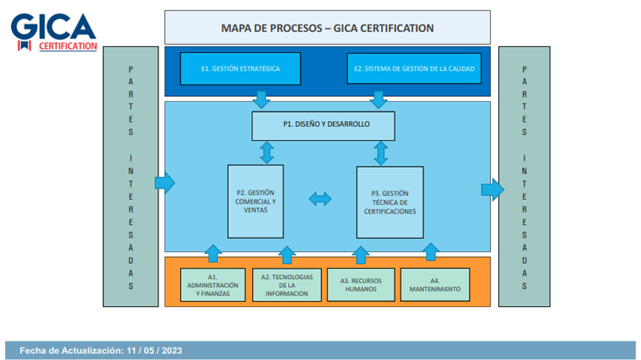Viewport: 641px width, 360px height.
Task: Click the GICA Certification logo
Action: coord(54,32)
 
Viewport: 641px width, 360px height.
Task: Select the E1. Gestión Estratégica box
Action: coord(240,69)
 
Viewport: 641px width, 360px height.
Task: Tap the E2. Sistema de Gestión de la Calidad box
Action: coord(414,69)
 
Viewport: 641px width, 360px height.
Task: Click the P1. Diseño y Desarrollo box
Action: coord(323,125)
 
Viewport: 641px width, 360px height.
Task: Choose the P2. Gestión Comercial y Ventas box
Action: coord(255,201)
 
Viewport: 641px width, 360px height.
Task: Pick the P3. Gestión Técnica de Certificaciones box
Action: coord(390,202)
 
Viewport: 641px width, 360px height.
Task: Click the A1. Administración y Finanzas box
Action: coord(213,285)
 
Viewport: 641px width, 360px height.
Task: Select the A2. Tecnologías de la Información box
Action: coord(286,285)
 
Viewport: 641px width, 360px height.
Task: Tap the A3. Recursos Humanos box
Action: coord(361,285)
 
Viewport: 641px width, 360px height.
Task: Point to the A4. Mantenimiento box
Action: coord(435,285)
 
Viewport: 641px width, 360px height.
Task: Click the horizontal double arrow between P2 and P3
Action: coord(320,199)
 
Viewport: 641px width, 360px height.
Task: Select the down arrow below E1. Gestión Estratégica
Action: coord(261,99)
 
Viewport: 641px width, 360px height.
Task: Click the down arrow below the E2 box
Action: coord(378,99)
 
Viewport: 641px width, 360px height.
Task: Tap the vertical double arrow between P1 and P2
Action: coord(267,153)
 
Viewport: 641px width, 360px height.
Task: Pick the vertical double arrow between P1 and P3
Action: coord(380,153)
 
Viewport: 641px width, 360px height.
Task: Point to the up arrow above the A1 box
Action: coord(214,253)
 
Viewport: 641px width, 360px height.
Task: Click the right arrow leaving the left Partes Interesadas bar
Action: coord(165,182)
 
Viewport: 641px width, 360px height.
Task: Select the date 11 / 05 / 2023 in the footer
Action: coord(154,351)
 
